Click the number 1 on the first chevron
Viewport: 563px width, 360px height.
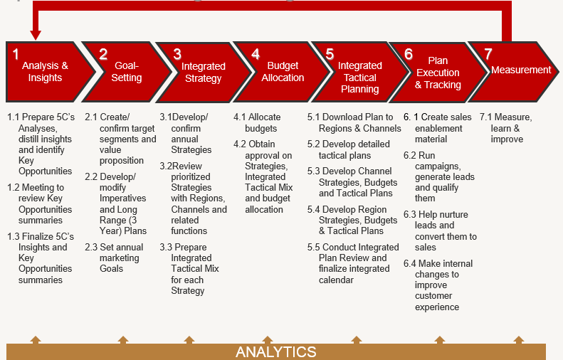pyautogui.click(x=16, y=53)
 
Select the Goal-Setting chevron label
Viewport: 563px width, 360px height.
pyautogui.click(x=127, y=72)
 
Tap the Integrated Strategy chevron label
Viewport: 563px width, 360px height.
pyautogui.click(x=203, y=72)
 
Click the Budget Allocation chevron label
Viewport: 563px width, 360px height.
pyautogui.click(x=283, y=72)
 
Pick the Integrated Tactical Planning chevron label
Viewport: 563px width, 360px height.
pyautogui.click(x=359, y=77)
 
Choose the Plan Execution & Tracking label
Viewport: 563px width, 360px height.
pyautogui.click(x=438, y=73)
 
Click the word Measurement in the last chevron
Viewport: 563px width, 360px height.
pyautogui.click(x=521, y=70)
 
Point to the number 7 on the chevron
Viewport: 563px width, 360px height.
pyautogui.click(x=488, y=53)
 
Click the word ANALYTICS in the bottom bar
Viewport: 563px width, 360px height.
pyautogui.click(x=276, y=352)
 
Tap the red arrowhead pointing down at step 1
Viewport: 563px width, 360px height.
pyautogui.click(x=36, y=34)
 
